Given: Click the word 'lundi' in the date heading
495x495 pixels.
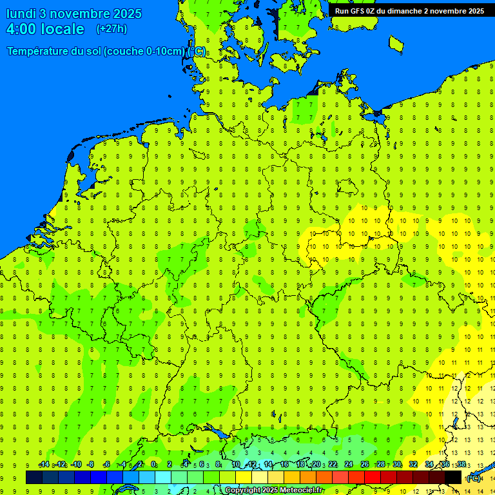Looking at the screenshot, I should click(x=21, y=14).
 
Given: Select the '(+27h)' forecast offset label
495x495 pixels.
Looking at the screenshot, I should click(x=112, y=29).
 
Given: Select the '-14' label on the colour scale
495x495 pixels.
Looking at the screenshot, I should click(x=44, y=465).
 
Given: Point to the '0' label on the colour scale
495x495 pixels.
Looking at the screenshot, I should click(x=153, y=465).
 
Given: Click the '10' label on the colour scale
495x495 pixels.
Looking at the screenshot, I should click(x=235, y=465).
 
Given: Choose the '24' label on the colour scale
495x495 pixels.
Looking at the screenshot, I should click(x=349, y=465).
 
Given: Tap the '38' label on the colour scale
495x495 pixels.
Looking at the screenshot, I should click(x=461, y=465).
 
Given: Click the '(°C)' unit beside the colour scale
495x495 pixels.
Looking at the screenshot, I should click(x=473, y=478).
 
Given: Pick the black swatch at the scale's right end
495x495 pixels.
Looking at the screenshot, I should click(x=453, y=477).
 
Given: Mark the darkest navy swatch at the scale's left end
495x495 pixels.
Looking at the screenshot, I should click(x=34, y=477).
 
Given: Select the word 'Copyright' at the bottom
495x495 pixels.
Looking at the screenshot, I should click(x=242, y=490).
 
